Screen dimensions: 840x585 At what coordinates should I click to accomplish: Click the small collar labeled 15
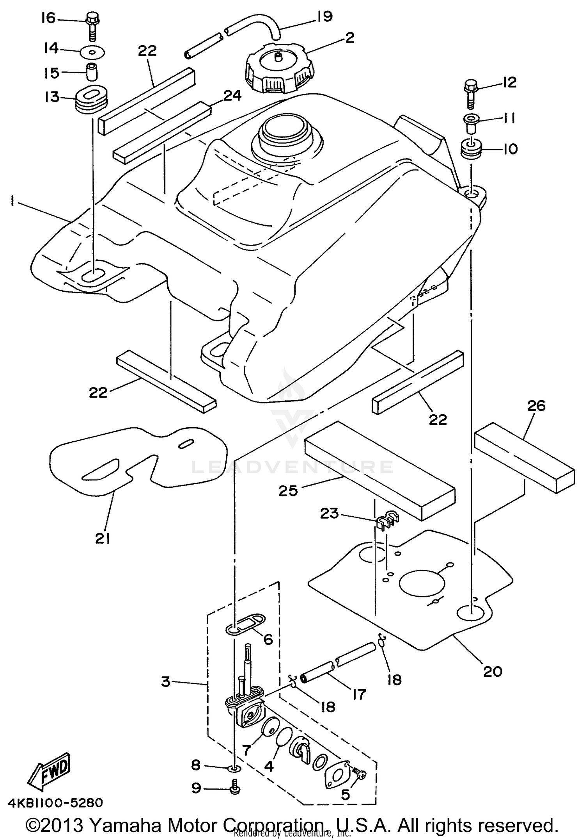point(92,71)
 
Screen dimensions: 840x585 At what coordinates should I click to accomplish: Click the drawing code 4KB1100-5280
point(55,803)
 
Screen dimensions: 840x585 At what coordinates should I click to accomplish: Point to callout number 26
point(536,406)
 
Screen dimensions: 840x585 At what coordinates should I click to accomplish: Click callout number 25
point(288,490)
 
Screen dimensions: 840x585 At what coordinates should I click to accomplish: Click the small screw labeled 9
point(234,789)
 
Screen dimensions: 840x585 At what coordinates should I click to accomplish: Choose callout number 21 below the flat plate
point(102,539)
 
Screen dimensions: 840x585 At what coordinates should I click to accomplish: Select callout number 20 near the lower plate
point(492,671)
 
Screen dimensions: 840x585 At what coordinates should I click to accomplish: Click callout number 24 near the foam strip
point(232,95)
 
